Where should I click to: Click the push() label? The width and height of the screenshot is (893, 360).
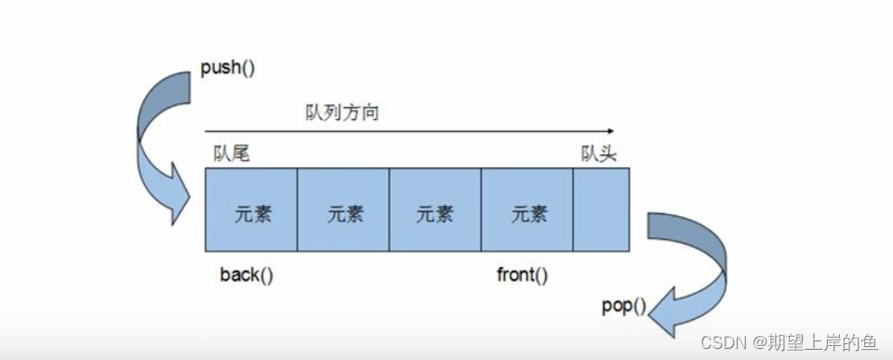tap(227, 69)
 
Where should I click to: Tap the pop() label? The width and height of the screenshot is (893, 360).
tap(623, 305)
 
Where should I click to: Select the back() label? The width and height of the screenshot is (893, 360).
tap(247, 275)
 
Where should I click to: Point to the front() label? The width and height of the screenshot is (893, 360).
tap(522, 275)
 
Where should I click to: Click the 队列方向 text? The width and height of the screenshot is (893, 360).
tap(342, 113)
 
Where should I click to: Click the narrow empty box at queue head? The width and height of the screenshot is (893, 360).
tap(601, 209)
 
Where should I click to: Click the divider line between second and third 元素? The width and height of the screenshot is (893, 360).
tap(389, 209)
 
